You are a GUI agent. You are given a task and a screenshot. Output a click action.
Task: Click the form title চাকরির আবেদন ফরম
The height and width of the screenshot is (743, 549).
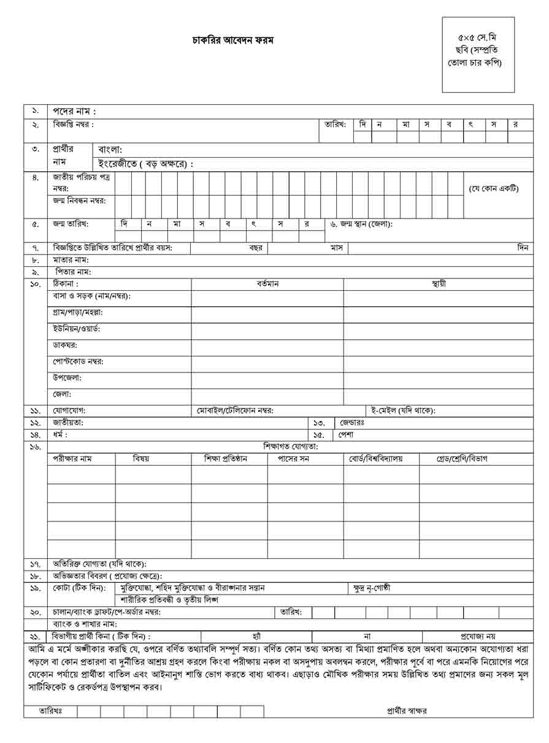point(233,40)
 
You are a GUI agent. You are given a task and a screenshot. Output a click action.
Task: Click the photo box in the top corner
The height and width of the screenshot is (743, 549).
point(478,55)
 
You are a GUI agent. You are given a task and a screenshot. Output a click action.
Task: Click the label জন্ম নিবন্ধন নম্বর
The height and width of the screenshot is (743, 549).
point(79,201)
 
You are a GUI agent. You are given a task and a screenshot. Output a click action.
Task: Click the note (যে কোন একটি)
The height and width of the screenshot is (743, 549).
point(493,188)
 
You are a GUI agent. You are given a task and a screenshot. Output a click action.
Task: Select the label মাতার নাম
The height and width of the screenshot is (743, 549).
point(71,260)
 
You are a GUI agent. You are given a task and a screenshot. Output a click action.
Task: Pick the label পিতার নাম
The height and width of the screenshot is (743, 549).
point(73,271)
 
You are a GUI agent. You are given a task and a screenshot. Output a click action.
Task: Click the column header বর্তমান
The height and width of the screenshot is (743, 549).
point(267,284)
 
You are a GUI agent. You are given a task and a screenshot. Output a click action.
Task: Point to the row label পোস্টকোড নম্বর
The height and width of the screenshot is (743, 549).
point(78,361)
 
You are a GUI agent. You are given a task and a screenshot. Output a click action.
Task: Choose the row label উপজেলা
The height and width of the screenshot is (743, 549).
point(67,378)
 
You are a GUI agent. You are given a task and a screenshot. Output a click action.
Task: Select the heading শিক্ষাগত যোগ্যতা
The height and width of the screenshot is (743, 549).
point(291,447)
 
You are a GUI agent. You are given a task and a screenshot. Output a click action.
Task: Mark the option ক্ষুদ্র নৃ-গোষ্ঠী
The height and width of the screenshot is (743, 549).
point(372,588)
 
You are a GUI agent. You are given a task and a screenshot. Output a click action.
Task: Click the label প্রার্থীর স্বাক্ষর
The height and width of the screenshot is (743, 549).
point(407,711)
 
